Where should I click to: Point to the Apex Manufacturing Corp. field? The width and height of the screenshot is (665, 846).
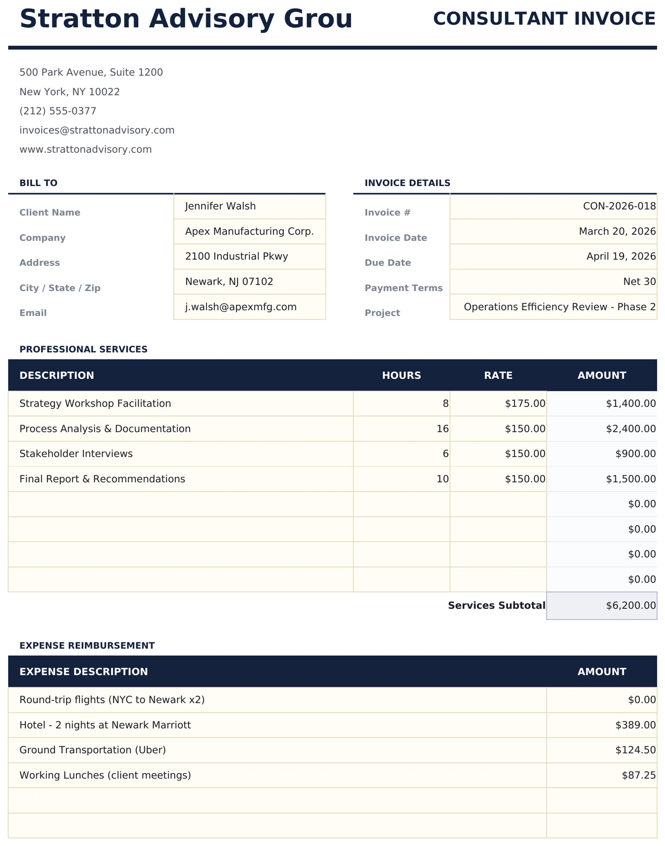point(249,231)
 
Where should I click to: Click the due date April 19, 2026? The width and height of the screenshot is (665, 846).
point(621,256)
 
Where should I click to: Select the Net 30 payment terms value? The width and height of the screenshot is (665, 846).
point(639,281)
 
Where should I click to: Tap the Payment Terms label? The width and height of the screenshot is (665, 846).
point(403,288)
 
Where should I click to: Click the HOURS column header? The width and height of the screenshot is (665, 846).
point(401,375)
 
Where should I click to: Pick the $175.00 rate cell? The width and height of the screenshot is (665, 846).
point(525,403)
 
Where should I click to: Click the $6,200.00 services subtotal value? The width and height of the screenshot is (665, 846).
point(630,606)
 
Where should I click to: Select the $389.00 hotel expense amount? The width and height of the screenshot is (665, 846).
point(635,725)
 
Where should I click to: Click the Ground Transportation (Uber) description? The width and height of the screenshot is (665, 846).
point(93,750)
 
